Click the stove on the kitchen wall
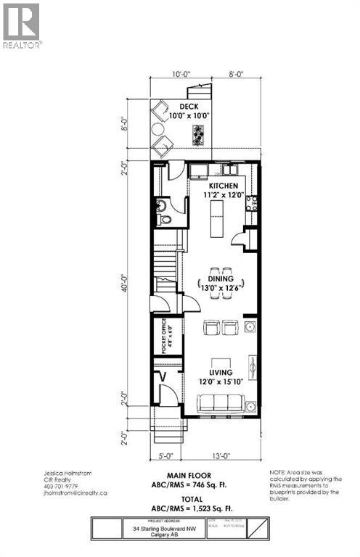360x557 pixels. [x=252, y=203]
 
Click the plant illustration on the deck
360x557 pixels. [x=197, y=135]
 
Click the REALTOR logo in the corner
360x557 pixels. [x=21, y=25]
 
